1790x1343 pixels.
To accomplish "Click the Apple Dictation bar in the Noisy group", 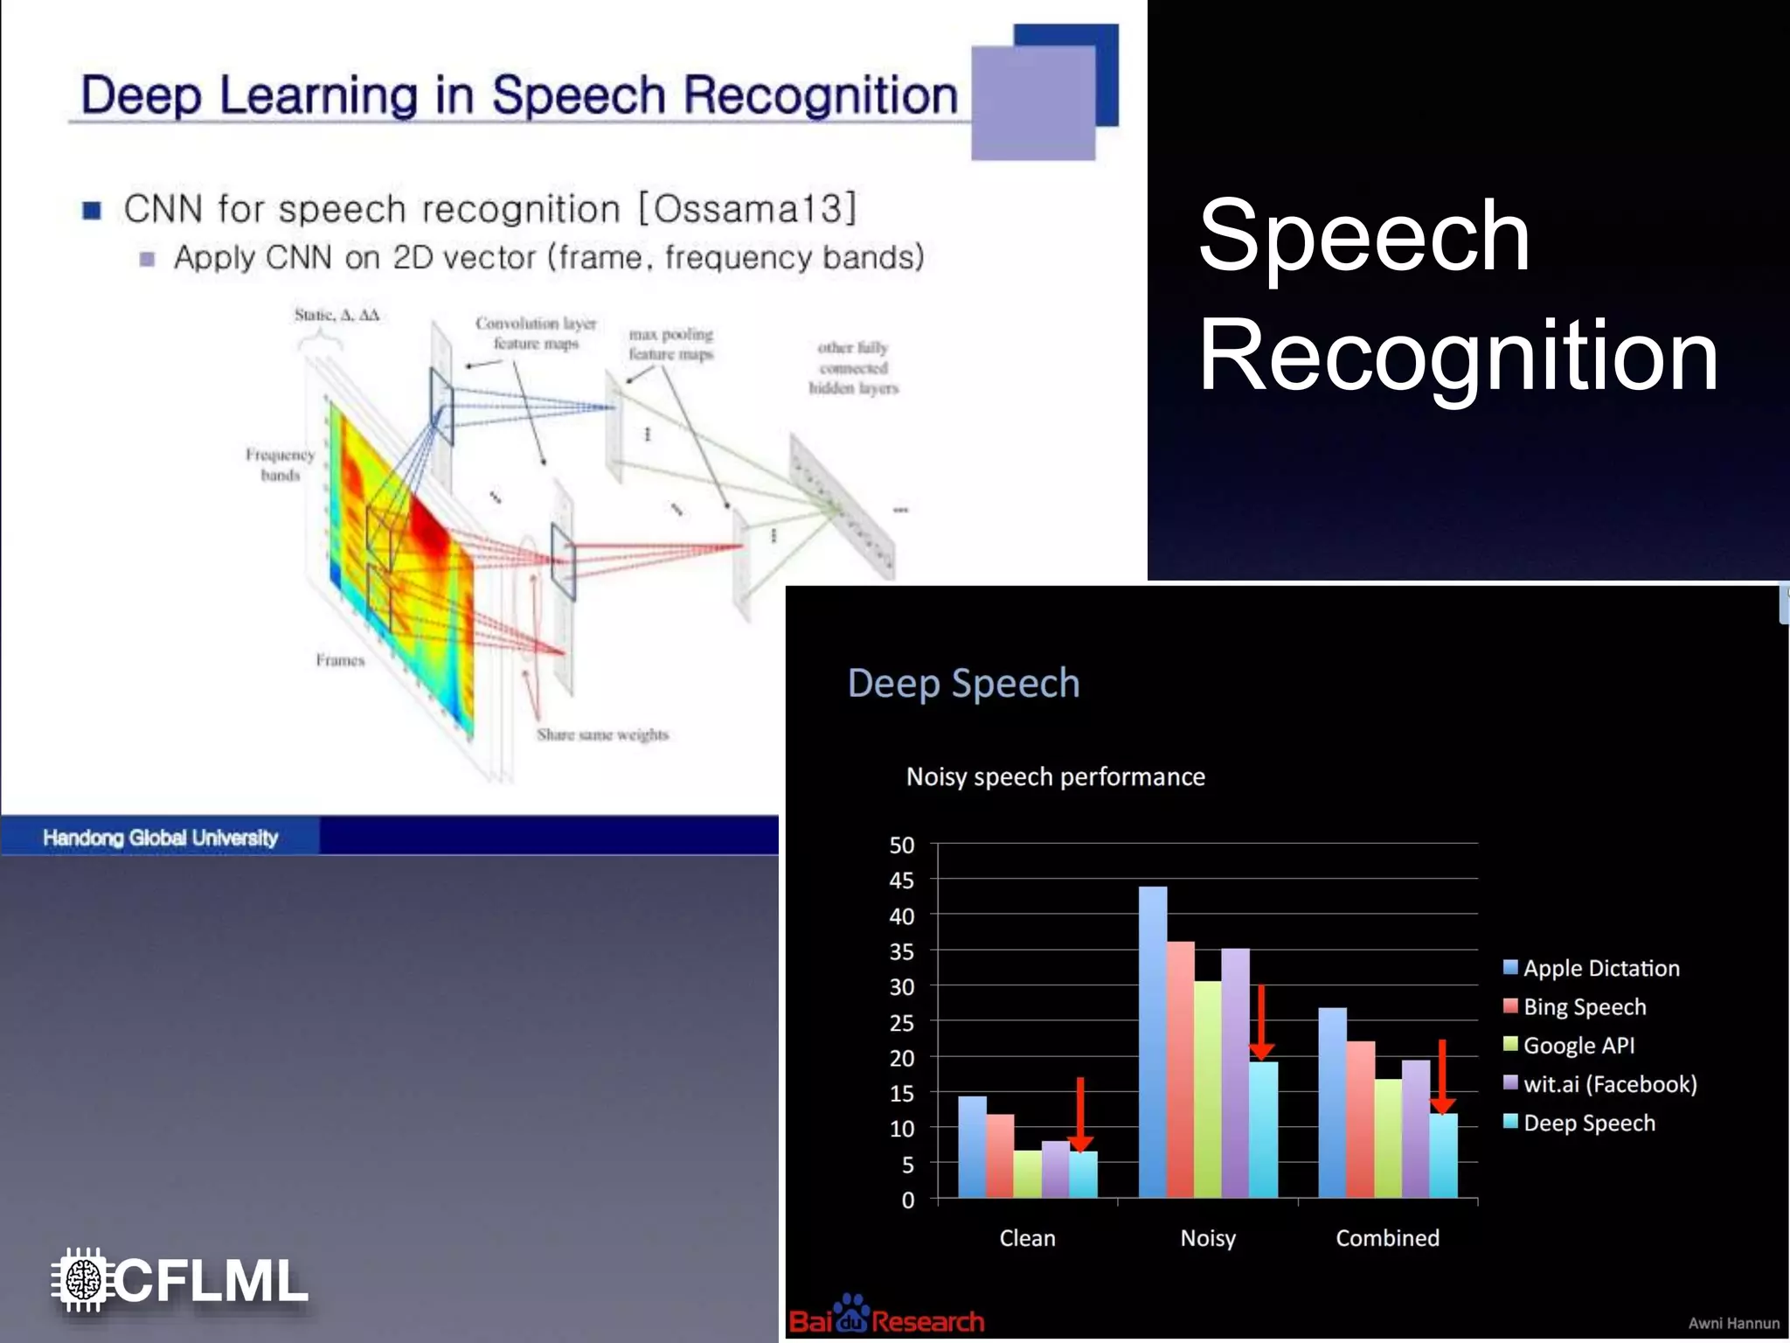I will tap(1152, 1040).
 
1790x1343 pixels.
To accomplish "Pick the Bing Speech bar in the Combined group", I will tap(1360, 1118).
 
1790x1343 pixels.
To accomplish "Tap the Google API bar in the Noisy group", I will tap(1207, 1089).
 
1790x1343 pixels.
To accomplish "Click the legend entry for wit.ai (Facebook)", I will tap(1609, 1084).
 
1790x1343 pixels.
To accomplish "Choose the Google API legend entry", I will tap(1578, 1046).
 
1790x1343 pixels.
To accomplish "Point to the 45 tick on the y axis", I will tap(901, 880).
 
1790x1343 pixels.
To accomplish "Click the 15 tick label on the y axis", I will tap(901, 1094).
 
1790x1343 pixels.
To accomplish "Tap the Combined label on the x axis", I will tap(1387, 1238).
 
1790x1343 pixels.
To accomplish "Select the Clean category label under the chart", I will tap(1027, 1238).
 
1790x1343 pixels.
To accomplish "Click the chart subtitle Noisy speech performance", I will tap(1055, 776).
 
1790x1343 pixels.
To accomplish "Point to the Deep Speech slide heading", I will tap(963, 683).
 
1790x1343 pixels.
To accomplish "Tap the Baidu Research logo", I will tap(885, 1317).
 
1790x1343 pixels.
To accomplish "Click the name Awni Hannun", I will tap(1733, 1324).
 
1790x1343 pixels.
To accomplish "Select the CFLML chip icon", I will tap(82, 1280).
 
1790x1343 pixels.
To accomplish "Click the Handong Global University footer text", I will tap(160, 838).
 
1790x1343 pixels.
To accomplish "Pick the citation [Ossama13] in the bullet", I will tap(747, 209).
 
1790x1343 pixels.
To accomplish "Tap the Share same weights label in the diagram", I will tap(602, 734).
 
